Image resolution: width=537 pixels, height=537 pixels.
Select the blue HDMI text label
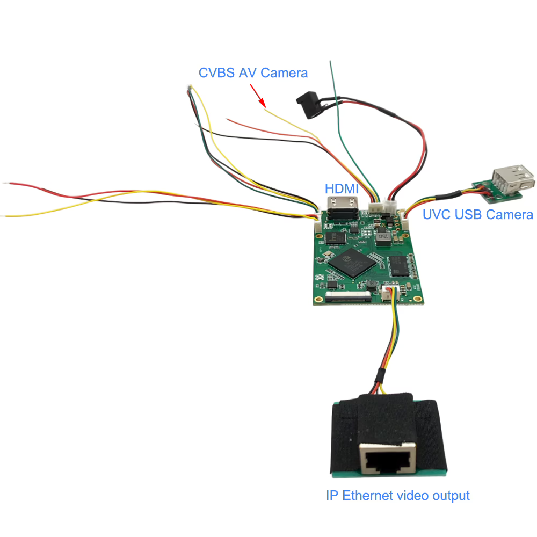342,189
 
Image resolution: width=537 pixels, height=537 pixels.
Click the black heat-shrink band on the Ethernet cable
380,376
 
